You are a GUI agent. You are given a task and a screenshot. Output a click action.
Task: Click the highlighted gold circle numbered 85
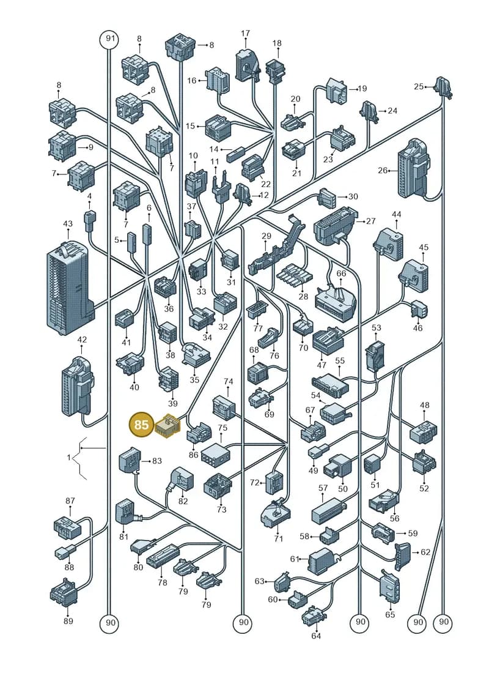pos(141,425)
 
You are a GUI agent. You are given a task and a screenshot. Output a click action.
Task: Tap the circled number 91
pos(110,39)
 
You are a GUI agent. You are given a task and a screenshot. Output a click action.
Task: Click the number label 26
pos(383,170)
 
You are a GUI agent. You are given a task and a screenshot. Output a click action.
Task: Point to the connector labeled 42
pos(78,387)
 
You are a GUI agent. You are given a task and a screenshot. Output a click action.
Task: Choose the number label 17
pos(246,33)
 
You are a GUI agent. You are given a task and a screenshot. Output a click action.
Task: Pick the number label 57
pos(323,488)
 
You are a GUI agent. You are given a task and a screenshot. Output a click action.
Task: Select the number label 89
pos(68,620)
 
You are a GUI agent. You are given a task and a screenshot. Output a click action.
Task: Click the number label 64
pos(316,636)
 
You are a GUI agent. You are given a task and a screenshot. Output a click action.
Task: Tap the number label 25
pos(419,86)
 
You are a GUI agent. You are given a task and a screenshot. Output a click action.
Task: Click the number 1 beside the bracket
pos(69,458)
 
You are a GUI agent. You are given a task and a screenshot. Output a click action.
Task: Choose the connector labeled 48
pos(424,431)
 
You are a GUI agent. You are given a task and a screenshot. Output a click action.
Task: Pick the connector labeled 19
pos(337,90)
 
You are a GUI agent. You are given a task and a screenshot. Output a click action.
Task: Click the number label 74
pos(229,381)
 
